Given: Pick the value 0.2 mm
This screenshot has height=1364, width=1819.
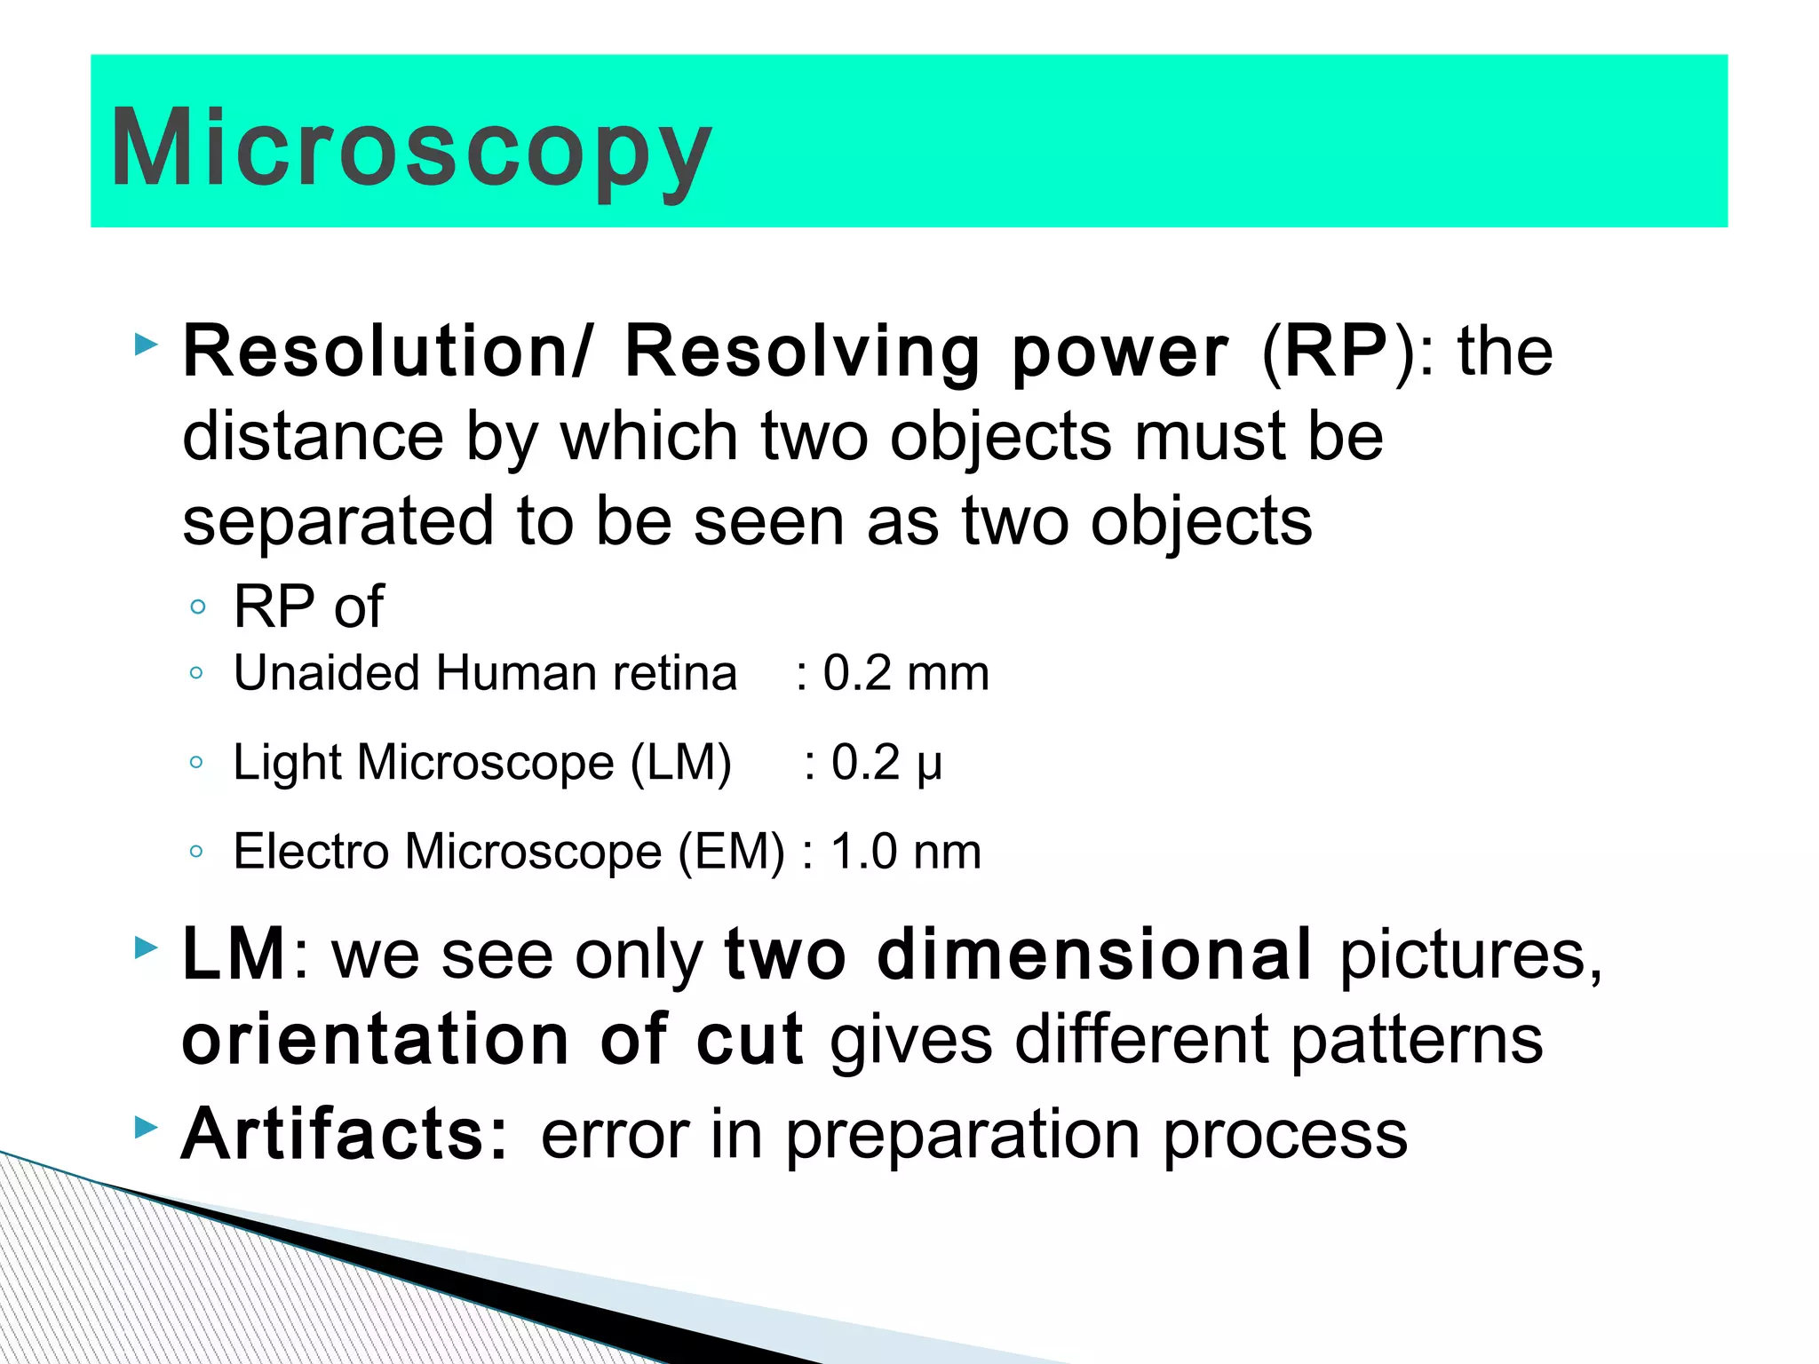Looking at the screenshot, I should point(905,673).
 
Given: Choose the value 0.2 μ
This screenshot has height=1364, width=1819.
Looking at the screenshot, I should point(886,763).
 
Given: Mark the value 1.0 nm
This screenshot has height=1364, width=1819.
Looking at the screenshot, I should point(905,852).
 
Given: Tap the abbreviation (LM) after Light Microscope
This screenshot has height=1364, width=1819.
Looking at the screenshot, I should point(680,763).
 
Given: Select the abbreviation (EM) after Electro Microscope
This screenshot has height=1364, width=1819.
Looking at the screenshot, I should point(732,852).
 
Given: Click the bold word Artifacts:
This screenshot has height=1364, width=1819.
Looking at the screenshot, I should point(345,1135).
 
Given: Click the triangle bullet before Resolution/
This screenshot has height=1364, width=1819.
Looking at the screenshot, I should point(146,345).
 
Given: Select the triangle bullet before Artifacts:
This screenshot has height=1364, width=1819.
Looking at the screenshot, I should point(146,1129).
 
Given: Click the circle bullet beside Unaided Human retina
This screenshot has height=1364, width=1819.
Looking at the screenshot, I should point(197,673).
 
